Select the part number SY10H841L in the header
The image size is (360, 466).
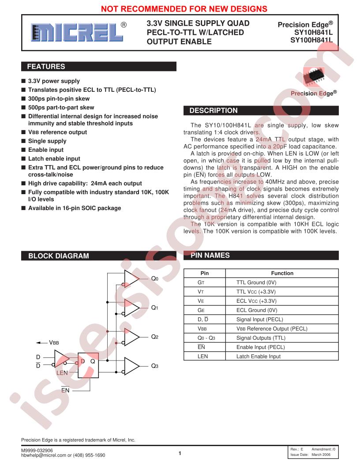click(313, 32)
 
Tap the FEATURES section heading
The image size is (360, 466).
click(46, 67)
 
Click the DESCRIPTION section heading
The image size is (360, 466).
click(214, 111)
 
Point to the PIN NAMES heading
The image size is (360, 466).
click(210, 256)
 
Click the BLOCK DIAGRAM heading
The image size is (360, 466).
click(59, 256)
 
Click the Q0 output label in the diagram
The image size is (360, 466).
click(155, 278)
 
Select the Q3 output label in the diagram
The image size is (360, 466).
click(155, 366)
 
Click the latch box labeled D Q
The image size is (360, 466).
click(88, 365)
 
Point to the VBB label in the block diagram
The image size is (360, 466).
click(54, 343)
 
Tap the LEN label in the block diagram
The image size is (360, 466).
click(62, 373)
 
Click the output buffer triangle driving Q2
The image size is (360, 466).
click(132, 337)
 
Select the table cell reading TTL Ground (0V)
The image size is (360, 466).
click(256, 282)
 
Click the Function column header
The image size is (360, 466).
click(282, 273)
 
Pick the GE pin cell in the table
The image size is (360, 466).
click(201, 310)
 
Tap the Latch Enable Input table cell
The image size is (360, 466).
click(259, 356)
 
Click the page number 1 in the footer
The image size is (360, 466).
click(180, 453)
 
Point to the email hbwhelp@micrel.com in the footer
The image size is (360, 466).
click(44, 455)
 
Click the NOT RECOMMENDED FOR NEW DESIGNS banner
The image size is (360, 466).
click(184, 9)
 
